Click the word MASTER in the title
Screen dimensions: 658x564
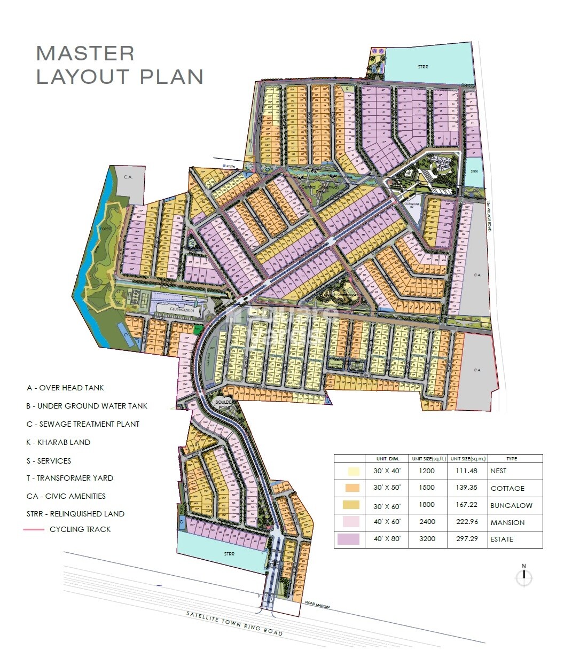tap(85, 53)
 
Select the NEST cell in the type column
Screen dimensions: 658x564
tap(498, 471)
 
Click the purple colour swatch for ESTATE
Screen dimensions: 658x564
tap(348, 539)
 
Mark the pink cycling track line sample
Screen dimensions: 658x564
tap(34, 529)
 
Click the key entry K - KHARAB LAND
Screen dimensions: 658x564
tap(58, 442)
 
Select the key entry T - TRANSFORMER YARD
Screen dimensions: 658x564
tap(69, 478)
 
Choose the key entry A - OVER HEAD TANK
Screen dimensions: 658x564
tap(65, 388)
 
